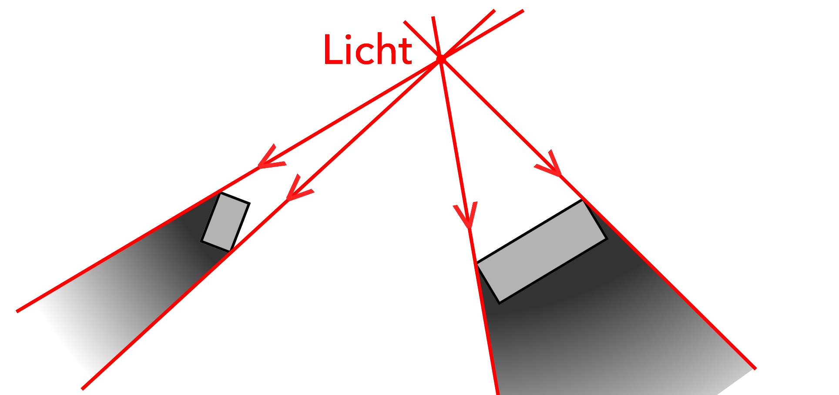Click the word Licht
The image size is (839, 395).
pos(368,49)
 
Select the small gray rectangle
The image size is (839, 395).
pos(225,222)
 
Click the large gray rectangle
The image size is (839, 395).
pos(542,251)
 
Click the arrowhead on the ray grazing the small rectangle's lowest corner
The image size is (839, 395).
pos(299,189)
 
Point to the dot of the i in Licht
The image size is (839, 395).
pos(349,37)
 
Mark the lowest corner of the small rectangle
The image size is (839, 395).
pos(230,251)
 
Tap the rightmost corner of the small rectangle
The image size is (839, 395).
pos(250,203)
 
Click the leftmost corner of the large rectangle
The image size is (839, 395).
pos(477,263)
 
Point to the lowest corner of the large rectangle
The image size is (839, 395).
pos(500,303)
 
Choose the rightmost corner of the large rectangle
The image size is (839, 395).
pos(607,238)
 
